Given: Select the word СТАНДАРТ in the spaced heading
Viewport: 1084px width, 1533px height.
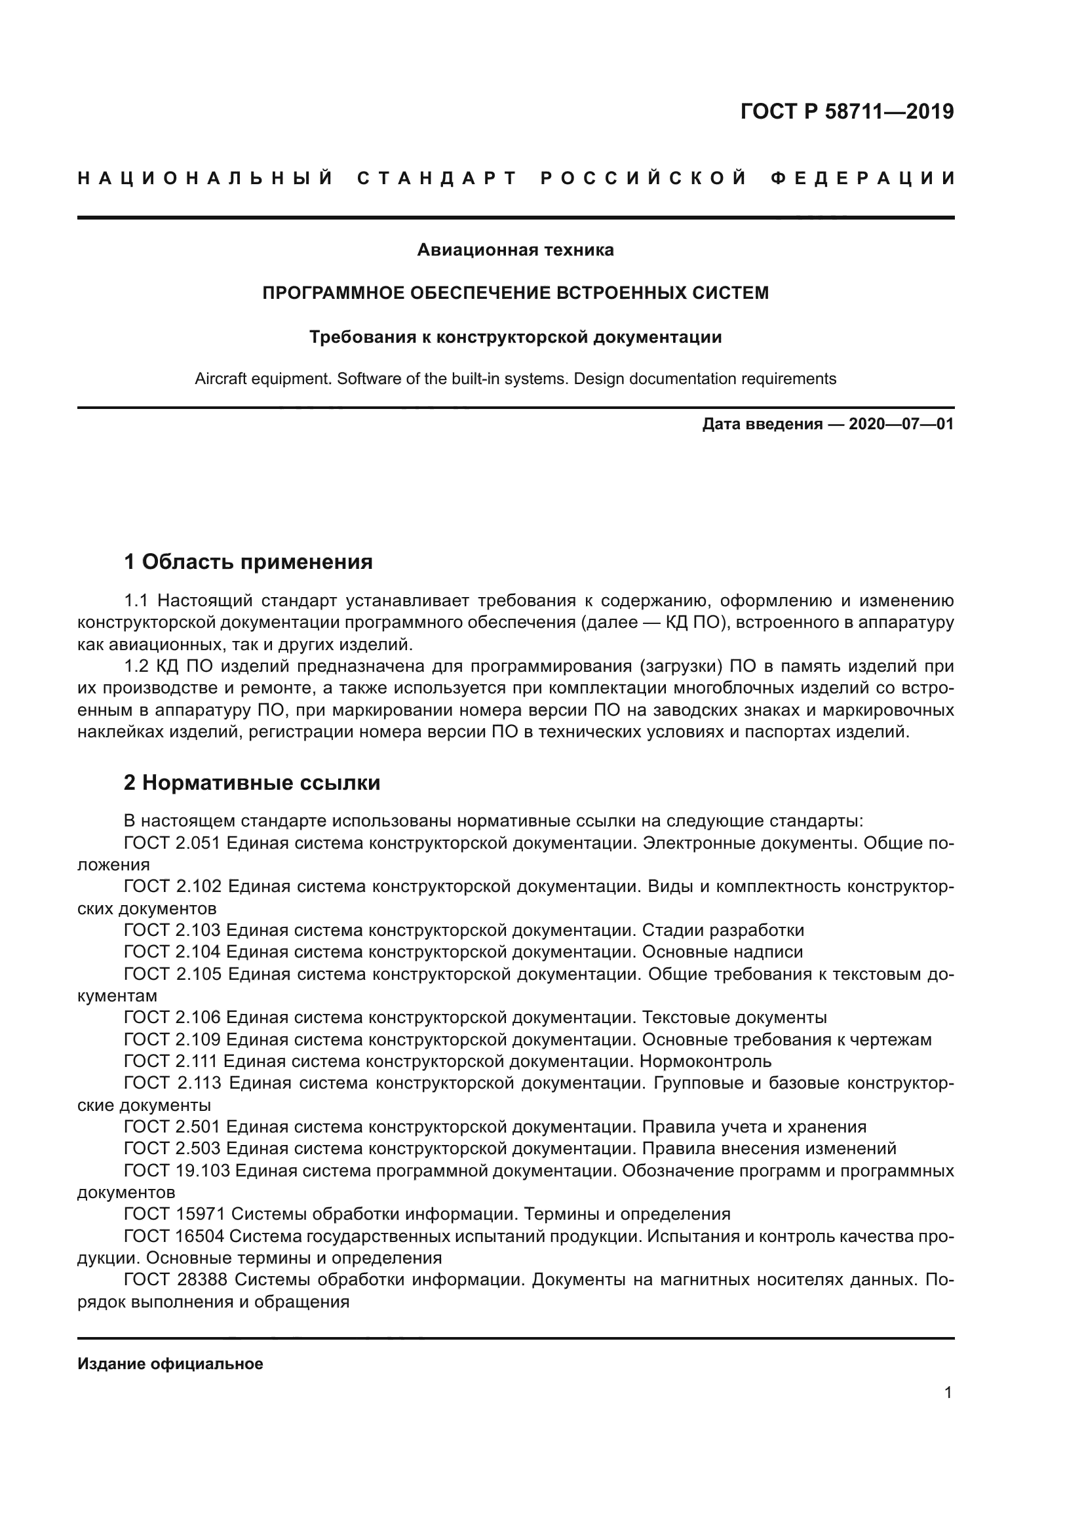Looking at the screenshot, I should point(437,178).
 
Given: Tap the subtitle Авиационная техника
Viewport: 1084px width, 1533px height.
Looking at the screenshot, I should point(515,250).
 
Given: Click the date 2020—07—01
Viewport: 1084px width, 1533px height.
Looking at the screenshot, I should point(900,425).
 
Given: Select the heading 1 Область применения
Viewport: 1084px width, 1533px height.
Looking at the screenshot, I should point(248,562).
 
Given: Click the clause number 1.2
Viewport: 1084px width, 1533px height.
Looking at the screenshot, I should point(137,667).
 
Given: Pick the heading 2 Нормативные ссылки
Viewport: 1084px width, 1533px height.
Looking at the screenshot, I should point(252,783).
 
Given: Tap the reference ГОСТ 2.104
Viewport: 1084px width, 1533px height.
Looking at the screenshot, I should point(172,952).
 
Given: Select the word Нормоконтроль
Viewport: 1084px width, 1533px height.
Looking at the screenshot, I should point(706,1061).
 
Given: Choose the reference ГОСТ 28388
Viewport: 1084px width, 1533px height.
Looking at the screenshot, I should point(176,1280).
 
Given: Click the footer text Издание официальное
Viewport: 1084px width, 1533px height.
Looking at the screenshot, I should point(170,1364).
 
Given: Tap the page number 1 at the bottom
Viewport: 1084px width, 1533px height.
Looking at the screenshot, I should point(948,1393).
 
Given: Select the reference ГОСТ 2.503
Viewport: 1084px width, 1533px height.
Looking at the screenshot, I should point(172,1148).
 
